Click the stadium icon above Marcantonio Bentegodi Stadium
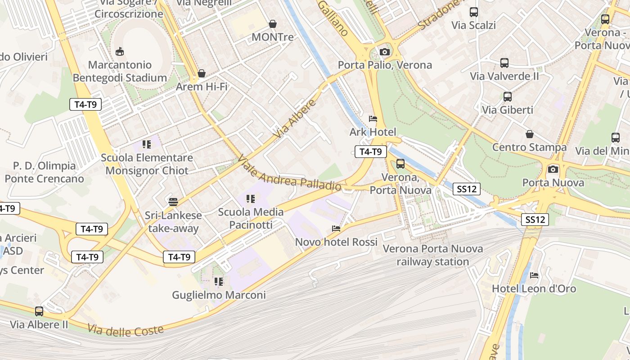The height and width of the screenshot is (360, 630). pyautogui.click(x=119, y=52)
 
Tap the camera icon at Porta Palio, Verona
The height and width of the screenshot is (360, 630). pyautogui.click(x=384, y=52)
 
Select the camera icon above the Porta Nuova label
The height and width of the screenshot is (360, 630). pyautogui.click(x=553, y=169)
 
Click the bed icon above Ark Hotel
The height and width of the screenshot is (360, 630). pyautogui.click(x=373, y=119)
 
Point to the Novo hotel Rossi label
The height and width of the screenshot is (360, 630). pyautogui.click(x=336, y=242)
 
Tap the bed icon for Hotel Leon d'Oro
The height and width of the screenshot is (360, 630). pyautogui.click(x=534, y=275)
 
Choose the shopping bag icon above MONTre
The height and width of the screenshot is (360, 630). pyautogui.click(x=272, y=24)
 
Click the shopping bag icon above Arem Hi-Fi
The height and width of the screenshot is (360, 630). pyautogui.click(x=202, y=73)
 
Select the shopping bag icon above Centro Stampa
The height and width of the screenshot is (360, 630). pyautogui.click(x=530, y=134)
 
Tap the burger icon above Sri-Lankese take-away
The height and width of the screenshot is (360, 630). pyautogui.click(x=173, y=202)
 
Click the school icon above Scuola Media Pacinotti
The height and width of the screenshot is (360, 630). pyautogui.click(x=251, y=198)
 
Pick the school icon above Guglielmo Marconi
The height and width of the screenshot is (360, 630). pyautogui.click(x=219, y=282)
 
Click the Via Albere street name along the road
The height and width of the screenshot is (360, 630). pyautogui.click(x=295, y=119)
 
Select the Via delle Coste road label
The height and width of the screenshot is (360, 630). pyautogui.click(x=126, y=331)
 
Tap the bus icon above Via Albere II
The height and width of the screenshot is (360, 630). pyautogui.click(x=39, y=311)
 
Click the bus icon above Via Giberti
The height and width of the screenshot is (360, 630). pyautogui.click(x=507, y=96)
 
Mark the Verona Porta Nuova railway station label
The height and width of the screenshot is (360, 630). pyautogui.click(x=432, y=255)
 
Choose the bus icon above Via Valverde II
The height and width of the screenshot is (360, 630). pyautogui.click(x=504, y=63)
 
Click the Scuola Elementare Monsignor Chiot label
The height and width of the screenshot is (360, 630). pyautogui.click(x=147, y=164)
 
